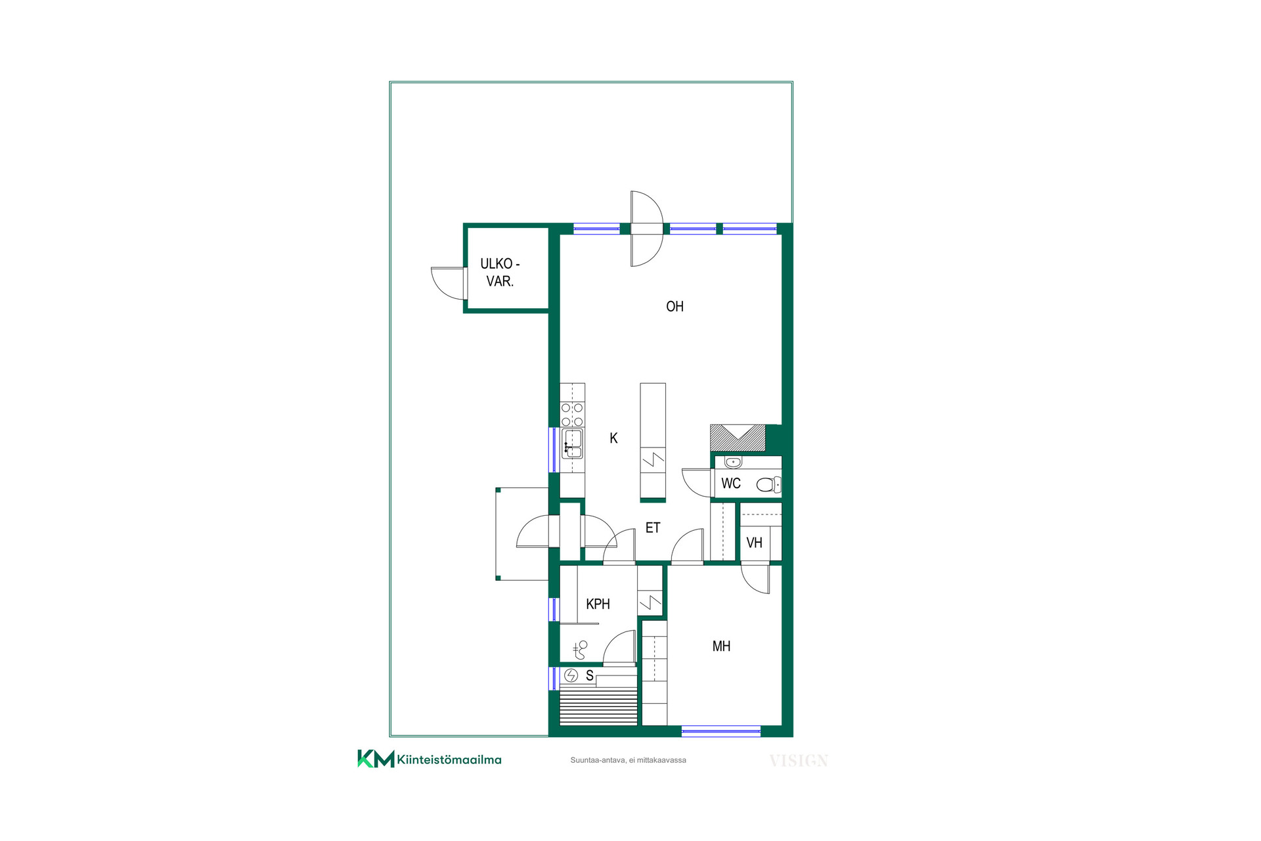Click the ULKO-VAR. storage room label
[500, 272]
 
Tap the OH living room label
[675, 306]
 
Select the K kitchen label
[613, 438]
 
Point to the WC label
[731, 484]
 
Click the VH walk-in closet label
[754, 543]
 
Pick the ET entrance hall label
[653, 528]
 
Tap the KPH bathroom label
[598, 604]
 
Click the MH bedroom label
[721, 647]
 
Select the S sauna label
[589, 675]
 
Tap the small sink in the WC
[733, 462]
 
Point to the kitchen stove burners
[572, 415]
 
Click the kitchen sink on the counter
[572, 443]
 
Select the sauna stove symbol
[571, 675]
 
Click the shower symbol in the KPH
[580, 650]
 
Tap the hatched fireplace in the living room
[738, 438]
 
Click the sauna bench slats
[598, 706]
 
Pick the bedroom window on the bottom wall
[721, 731]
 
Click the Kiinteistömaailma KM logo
[430, 759]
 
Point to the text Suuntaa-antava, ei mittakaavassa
[628, 760]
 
